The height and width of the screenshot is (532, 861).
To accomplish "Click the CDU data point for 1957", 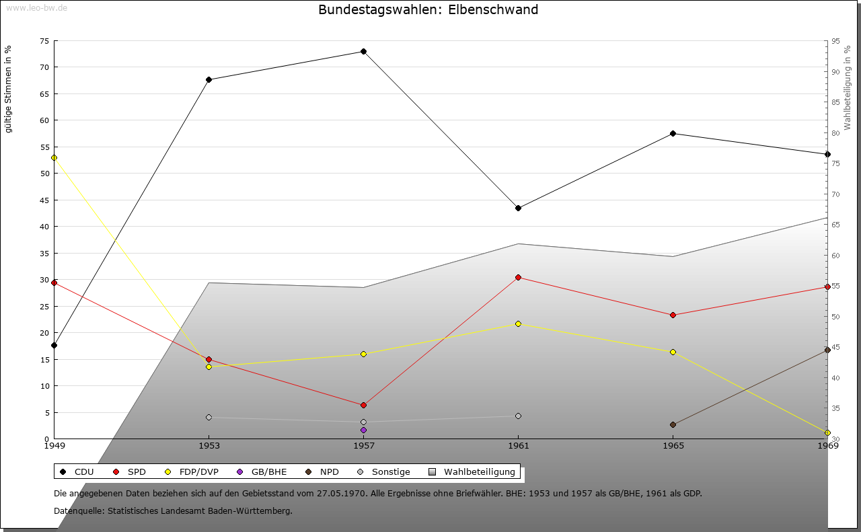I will pos(363,52).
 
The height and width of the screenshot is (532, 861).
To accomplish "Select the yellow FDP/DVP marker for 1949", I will pos(54,157).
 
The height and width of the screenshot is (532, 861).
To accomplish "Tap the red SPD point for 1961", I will pos(518,277).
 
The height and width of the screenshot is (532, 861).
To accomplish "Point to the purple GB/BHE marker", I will pos(363,430).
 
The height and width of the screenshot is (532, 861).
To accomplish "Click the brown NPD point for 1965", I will pos(673,424).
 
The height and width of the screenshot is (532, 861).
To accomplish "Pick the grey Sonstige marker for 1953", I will pos(209,417).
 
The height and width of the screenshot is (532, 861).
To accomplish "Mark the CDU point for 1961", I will pos(518,208).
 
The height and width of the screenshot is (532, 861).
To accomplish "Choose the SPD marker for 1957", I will pos(363,405).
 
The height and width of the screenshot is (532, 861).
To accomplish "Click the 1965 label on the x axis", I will pos(673,445).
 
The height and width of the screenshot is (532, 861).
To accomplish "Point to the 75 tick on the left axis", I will pos(44,41).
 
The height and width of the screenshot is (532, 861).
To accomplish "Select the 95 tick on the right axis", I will pos(835,41).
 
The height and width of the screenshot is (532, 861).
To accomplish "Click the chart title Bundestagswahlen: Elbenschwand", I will pos(428,9).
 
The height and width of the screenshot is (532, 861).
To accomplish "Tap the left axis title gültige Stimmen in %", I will pos(8,89).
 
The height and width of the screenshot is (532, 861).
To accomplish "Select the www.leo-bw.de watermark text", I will pos(36,7).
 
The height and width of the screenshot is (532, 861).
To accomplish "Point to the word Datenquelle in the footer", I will pos(76,510).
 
